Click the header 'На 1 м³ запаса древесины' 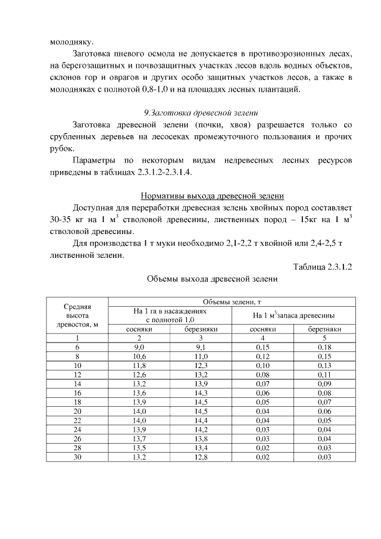pos(293,315)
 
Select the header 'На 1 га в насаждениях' pos(170,311)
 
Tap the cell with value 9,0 pos(140,346)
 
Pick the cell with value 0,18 pos(324,346)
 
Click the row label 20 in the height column pos(77,411)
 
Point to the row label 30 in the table pos(77,457)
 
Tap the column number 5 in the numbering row pos(324,337)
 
